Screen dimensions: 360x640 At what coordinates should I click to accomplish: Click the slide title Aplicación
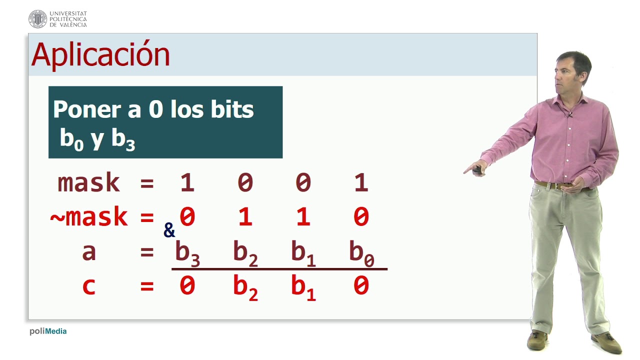tap(100, 54)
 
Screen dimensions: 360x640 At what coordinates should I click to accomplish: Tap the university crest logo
tap(37, 19)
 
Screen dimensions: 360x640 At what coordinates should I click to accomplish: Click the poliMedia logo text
tap(48, 331)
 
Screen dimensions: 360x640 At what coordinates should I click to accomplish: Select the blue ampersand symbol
tap(169, 230)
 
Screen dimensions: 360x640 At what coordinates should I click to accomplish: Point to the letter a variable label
tap(88, 252)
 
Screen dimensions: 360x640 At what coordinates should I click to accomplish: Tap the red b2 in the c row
tap(245, 288)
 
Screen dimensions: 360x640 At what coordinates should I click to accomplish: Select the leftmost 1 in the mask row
tap(187, 183)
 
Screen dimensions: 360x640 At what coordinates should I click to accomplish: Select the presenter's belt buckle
tap(556, 185)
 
